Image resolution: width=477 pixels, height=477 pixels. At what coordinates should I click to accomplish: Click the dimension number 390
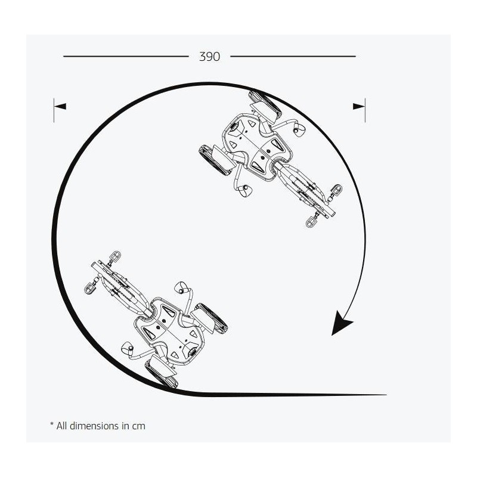[x=209, y=57]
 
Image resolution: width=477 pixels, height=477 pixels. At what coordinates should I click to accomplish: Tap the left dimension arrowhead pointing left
[x=60, y=107]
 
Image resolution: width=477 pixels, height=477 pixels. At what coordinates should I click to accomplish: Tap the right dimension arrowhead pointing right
[x=359, y=107]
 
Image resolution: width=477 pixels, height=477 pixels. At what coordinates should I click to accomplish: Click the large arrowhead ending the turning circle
[x=340, y=323]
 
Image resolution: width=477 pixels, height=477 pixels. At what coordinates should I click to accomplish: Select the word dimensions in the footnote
[x=94, y=426]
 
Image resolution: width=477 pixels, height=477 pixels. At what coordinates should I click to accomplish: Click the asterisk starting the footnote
[x=52, y=424]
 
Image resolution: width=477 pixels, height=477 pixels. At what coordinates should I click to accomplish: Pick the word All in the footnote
[x=61, y=426]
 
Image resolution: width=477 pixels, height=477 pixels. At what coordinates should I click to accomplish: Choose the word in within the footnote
[x=125, y=426]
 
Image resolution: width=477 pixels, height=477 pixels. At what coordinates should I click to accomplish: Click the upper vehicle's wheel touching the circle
[x=265, y=103]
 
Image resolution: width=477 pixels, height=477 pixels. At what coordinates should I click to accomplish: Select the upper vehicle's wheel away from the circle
[x=215, y=160]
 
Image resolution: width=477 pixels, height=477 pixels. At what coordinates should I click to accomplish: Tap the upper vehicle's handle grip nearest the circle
[x=299, y=129]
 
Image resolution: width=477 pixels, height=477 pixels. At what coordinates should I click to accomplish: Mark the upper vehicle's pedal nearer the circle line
[x=336, y=190]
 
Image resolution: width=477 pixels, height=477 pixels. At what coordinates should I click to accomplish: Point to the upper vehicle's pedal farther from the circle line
[x=311, y=222]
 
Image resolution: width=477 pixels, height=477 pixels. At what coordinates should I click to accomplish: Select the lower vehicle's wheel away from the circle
[x=212, y=317]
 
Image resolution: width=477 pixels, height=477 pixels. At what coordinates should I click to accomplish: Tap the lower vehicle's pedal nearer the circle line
[x=90, y=288]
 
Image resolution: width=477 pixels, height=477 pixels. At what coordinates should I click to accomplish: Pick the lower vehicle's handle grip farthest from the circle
[x=181, y=287]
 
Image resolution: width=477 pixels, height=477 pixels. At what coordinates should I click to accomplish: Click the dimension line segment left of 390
[x=126, y=56]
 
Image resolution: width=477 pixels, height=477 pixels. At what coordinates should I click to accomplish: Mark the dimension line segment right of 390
[x=293, y=56]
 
